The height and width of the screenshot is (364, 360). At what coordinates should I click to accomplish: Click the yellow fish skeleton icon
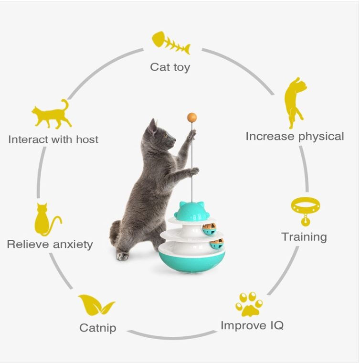coord(171,43)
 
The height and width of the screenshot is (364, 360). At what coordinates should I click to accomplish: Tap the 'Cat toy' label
coord(170,67)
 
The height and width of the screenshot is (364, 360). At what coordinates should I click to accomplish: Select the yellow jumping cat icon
coord(295,103)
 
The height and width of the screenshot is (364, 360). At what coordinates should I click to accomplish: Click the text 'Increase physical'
coord(295,136)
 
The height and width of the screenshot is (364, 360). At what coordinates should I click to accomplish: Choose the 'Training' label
coord(304,237)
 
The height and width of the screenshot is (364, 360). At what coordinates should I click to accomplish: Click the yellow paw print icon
coord(249,304)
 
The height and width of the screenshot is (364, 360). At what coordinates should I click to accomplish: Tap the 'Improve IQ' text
coord(252,325)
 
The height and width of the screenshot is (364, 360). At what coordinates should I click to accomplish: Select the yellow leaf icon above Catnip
coord(96,305)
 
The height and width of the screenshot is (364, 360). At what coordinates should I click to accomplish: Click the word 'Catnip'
coord(98,328)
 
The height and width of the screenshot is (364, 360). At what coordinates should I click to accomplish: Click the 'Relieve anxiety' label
coord(50,245)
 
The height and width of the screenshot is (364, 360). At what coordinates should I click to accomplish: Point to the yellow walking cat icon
coord(52,114)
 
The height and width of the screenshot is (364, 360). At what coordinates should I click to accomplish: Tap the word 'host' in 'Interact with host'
coord(87,139)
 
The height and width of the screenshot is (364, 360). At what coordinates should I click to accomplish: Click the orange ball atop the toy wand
coord(192,118)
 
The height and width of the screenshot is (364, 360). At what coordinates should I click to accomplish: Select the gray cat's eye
coord(166,136)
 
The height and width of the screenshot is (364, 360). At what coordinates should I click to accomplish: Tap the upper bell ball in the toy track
coord(209,229)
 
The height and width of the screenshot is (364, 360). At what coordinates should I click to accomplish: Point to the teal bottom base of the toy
coord(191,262)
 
